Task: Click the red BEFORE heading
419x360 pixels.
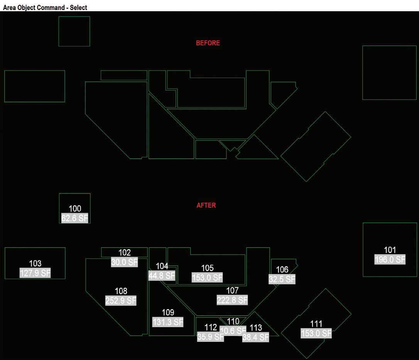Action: [208, 43]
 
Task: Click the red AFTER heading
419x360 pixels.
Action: [206, 205]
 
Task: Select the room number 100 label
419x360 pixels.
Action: [74, 209]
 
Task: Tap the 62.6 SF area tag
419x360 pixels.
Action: [74, 218]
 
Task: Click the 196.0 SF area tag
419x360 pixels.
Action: [390, 260]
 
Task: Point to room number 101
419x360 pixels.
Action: [390, 250]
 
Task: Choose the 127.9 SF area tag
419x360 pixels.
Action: [35, 273]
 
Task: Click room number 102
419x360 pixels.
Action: [124, 253]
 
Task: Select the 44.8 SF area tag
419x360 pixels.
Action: [162, 275]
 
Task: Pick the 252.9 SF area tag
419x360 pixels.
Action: [121, 301]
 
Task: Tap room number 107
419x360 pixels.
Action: [232, 290]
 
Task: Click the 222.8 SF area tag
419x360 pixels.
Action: [232, 300]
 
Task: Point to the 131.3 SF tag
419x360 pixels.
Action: [168, 322]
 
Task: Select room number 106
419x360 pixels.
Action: [282, 270]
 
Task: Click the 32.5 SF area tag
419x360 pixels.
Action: [282, 279]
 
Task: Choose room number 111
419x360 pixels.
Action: [316, 324]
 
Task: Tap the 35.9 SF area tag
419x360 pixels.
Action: [210, 337]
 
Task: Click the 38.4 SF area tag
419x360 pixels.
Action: [255, 337]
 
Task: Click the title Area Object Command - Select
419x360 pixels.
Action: [45, 7]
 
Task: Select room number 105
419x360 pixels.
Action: [207, 268]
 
